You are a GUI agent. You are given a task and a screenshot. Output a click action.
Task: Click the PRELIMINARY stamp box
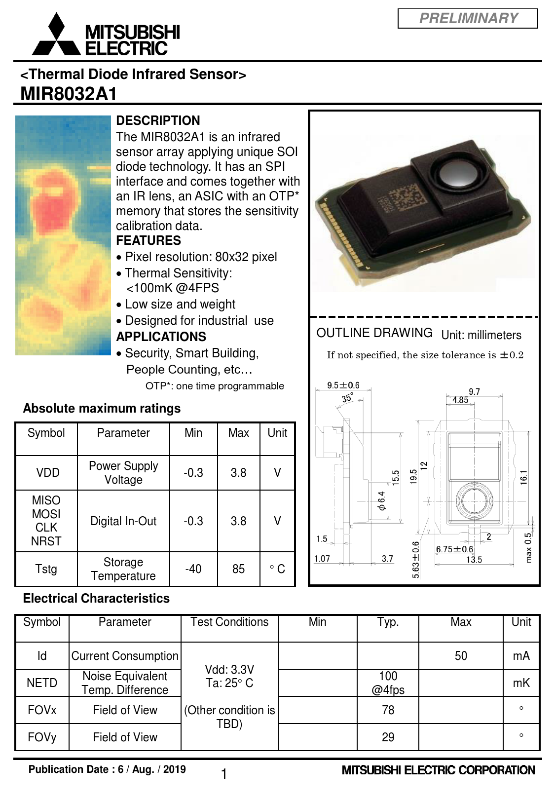(x=467, y=18)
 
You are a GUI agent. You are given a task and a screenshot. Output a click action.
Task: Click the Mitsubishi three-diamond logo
(x=56, y=34)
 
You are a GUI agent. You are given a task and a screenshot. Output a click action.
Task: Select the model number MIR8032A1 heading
(x=69, y=94)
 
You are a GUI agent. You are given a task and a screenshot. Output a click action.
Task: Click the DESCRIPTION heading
(x=158, y=120)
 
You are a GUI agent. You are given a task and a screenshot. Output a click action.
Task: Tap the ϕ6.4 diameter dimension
(x=381, y=500)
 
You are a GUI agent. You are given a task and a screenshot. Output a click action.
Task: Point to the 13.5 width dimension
(x=474, y=560)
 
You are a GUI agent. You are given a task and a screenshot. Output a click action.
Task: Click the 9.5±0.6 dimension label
(x=343, y=385)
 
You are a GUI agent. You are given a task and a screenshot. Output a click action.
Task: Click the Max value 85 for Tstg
(x=238, y=569)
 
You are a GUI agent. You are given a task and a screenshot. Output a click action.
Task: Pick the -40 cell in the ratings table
(x=193, y=569)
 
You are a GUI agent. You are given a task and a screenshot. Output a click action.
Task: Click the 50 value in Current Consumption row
(x=461, y=655)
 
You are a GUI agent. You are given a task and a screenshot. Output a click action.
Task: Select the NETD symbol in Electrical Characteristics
(x=42, y=683)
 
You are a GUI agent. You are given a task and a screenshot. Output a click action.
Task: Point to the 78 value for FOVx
(x=388, y=710)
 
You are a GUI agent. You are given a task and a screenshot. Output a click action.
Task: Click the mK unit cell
(x=521, y=683)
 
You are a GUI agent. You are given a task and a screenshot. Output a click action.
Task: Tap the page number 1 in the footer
(x=224, y=774)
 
